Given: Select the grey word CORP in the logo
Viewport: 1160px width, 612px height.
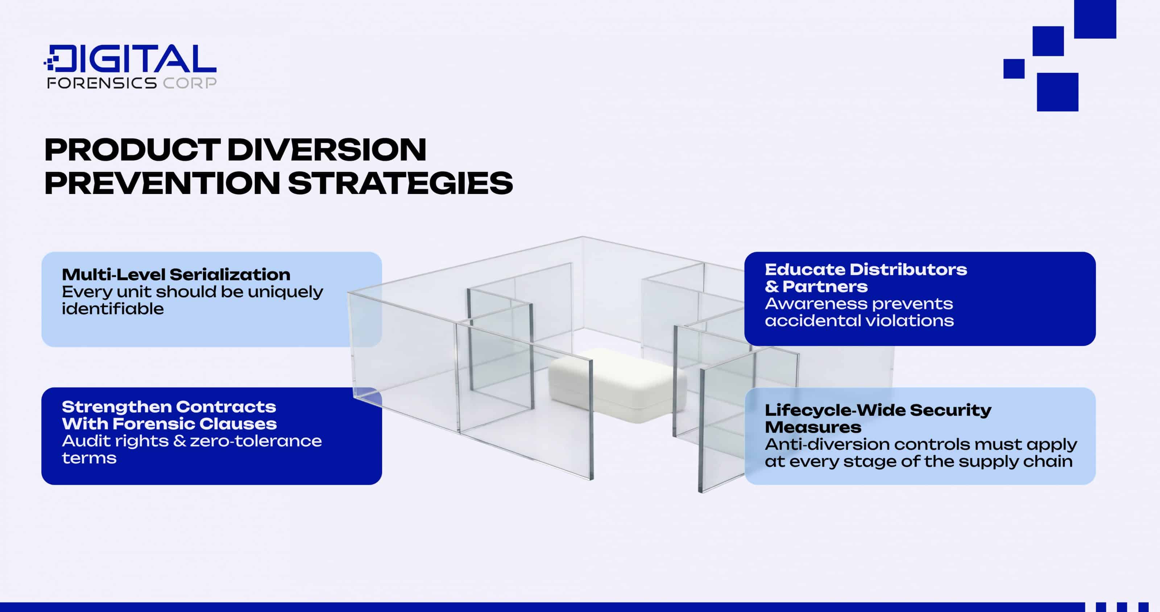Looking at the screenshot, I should click(189, 83).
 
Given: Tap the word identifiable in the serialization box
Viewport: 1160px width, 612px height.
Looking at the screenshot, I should click(113, 309).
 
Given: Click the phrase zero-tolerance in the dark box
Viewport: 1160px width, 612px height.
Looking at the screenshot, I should click(256, 441).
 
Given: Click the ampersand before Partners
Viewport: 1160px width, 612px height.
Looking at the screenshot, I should click(771, 287).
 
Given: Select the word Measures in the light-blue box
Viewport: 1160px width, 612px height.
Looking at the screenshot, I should click(813, 427).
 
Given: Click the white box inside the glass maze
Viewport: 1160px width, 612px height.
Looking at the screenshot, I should click(617, 383).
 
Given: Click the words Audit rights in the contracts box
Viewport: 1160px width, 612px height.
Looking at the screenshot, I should click(115, 441).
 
